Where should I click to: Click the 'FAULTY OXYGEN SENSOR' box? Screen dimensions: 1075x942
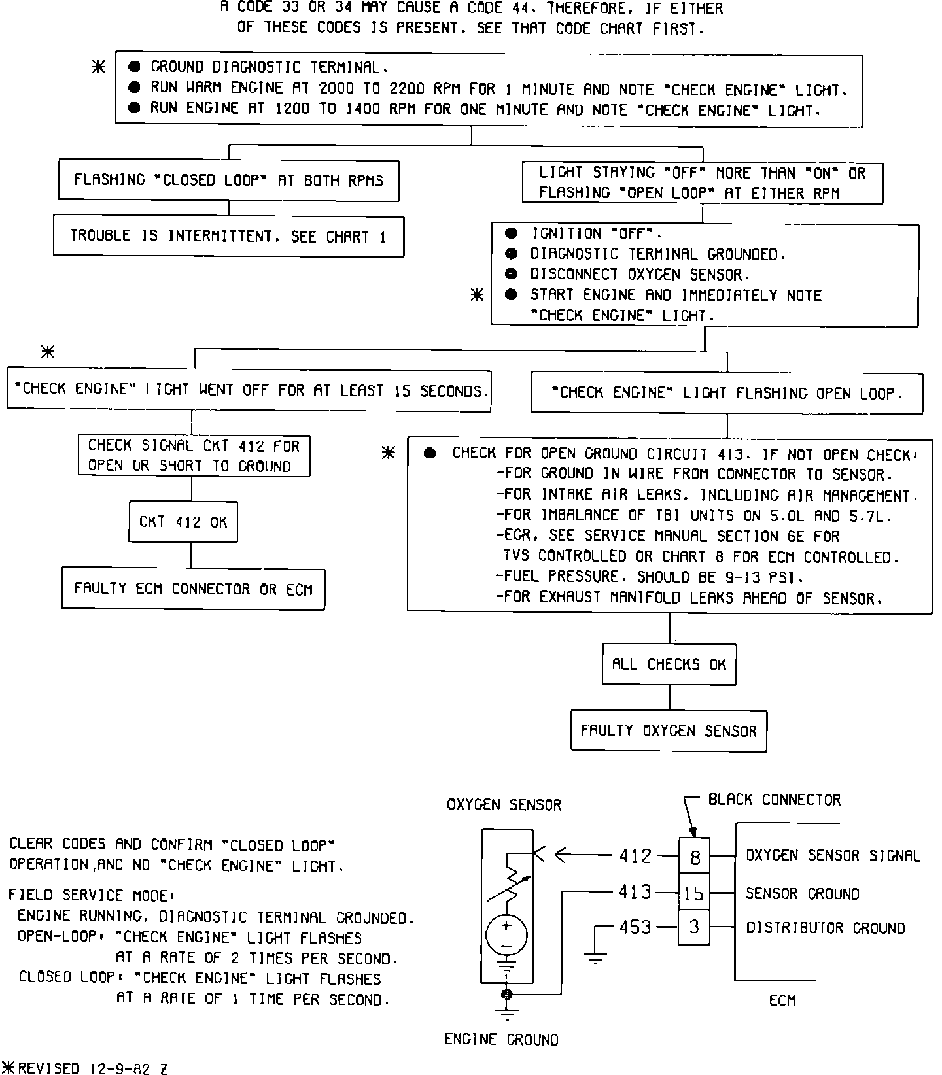(669, 730)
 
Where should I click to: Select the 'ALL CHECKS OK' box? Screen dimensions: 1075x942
(669, 664)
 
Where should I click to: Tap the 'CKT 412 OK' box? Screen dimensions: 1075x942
(183, 522)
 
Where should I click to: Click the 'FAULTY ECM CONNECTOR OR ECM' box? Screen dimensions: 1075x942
(193, 589)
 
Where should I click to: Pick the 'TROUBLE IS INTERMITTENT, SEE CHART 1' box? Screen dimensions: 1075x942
(228, 236)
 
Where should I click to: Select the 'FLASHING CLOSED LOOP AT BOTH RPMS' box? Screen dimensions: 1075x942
(228, 180)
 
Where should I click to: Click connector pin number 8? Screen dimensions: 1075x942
(695, 856)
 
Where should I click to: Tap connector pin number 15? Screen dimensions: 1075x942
(695, 893)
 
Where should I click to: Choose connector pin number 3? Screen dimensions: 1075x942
(695, 927)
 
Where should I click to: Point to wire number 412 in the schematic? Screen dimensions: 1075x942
(635, 855)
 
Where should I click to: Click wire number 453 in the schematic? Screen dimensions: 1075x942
(635, 927)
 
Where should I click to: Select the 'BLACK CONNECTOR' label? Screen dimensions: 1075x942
(775, 800)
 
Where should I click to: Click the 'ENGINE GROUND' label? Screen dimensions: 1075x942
(501, 1040)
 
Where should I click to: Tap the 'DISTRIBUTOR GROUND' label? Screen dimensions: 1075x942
(826, 928)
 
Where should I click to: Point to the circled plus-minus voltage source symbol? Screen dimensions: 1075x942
(506, 935)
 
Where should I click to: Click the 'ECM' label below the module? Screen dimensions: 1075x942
(782, 1001)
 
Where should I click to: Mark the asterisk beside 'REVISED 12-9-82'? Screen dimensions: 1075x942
(9, 1068)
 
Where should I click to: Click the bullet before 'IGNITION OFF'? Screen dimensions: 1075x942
(512, 233)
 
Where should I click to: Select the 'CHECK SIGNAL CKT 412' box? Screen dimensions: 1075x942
(194, 456)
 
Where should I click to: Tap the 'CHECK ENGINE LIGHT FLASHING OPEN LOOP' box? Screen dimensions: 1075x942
(727, 393)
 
